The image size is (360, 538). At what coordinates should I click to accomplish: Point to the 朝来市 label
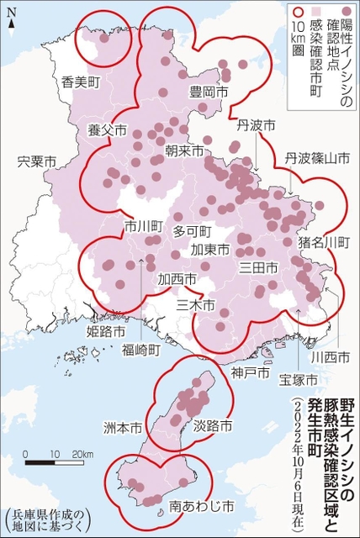coord(184,151)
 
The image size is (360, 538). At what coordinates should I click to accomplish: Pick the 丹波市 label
coord(257,125)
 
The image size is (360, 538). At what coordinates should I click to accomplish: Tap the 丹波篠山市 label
coord(316,158)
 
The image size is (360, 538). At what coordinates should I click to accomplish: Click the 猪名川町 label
coord(324,242)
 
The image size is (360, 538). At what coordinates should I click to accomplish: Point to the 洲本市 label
coord(124,428)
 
